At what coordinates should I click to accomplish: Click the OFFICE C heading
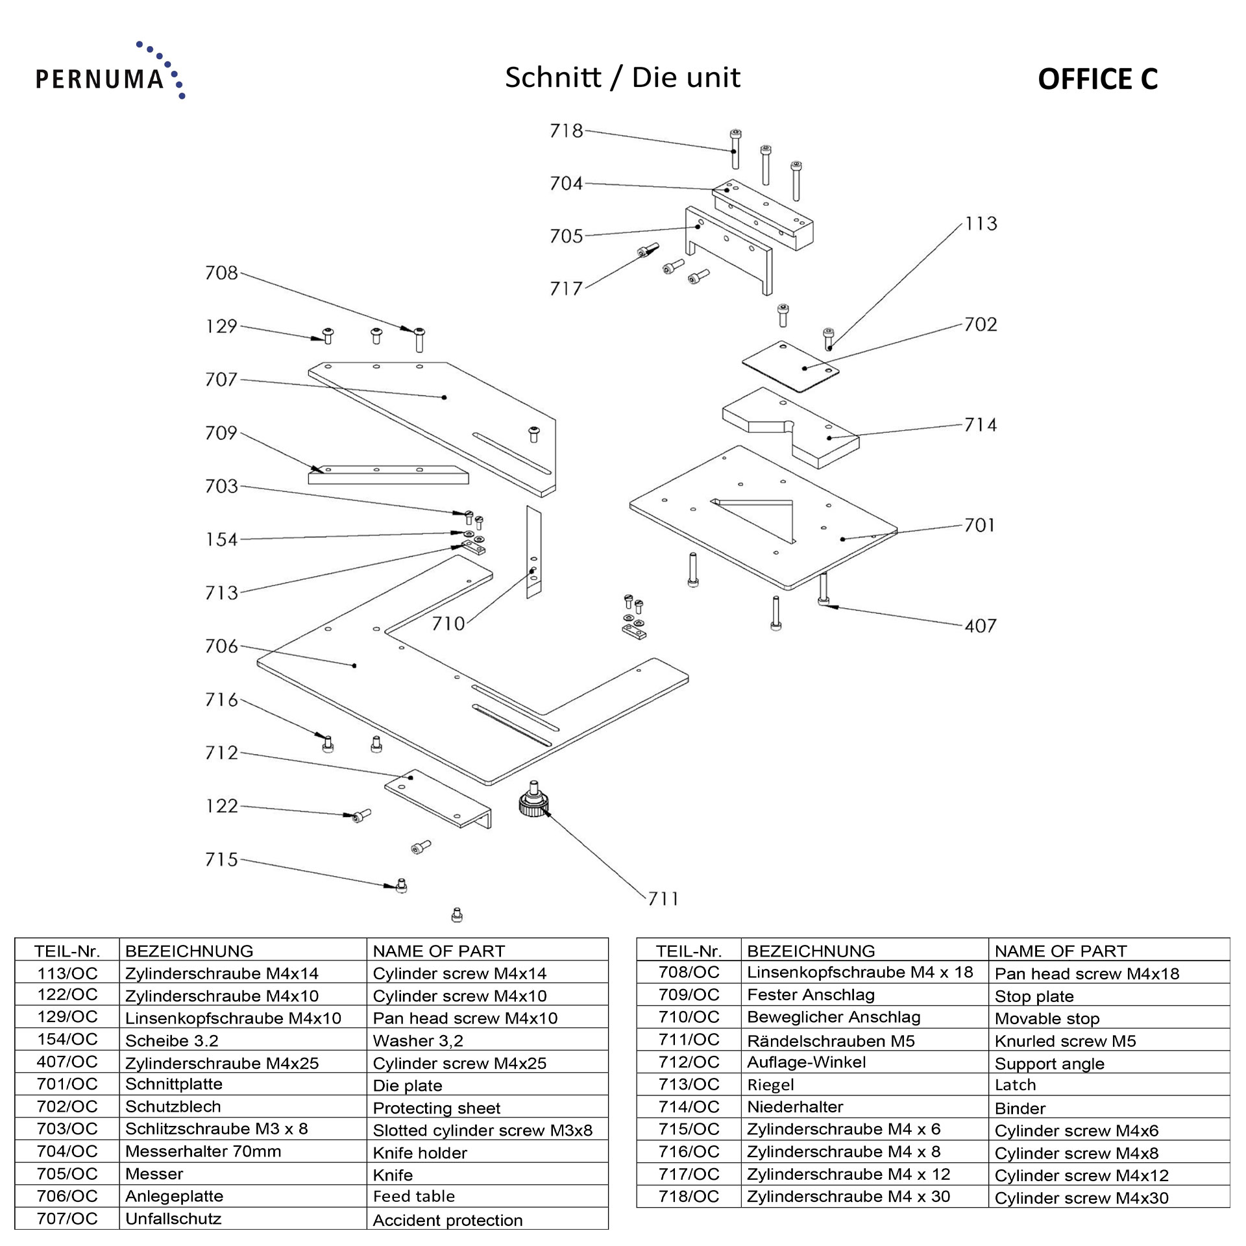point(1097,79)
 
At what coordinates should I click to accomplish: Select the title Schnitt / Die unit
point(622,78)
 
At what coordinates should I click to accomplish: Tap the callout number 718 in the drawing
point(566,131)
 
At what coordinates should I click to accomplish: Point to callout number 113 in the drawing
point(981,224)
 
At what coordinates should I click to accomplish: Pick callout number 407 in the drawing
point(980,626)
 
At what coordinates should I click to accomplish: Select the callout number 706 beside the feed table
point(221,646)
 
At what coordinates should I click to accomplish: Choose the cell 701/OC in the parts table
point(67,1084)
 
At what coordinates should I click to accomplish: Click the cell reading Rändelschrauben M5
point(831,1042)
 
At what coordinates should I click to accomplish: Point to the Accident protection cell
point(447,1221)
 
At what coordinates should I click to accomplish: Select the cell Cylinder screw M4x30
point(1081,1198)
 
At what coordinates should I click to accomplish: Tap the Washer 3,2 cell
point(418,1041)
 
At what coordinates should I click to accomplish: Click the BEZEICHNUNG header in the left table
point(189,951)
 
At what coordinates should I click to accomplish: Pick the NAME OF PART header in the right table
point(1060,951)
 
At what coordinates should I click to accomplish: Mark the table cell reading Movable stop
point(1047,1019)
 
